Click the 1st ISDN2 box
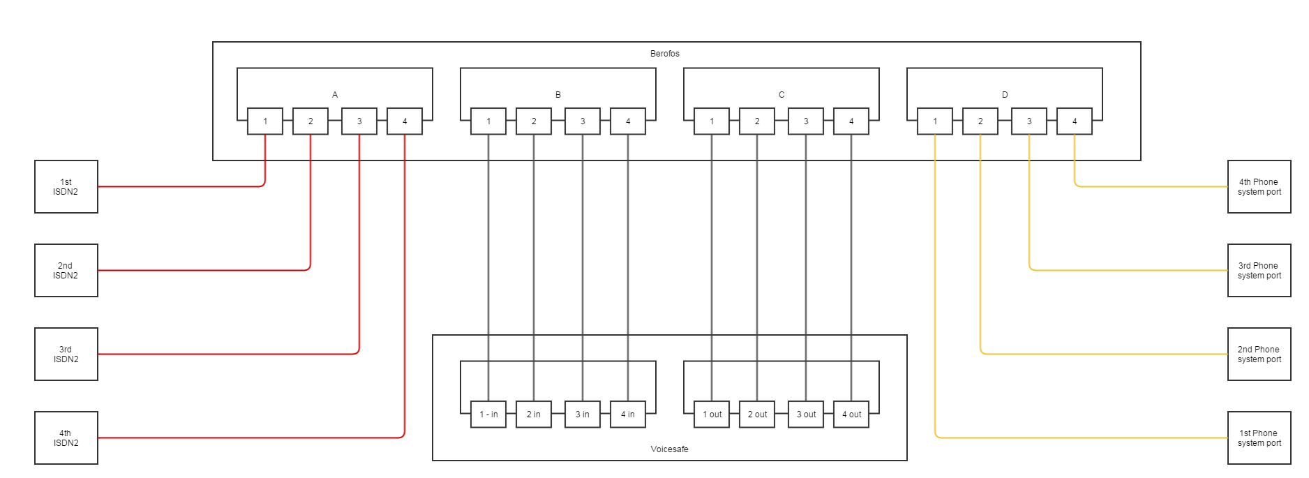pyautogui.click(x=66, y=187)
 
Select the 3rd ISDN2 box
pyautogui.click(x=66, y=354)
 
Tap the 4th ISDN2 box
pyautogui.click(x=66, y=438)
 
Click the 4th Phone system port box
pyautogui.click(x=1259, y=187)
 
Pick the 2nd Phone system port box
pyautogui.click(x=1259, y=354)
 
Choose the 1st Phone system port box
pyautogui.click(x=1259, y=438)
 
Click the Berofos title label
pyautogui.click(x=664, y=54)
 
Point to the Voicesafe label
pyautogui.click(x=669, y=449)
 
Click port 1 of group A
pyautogui.click(x=265, y=121)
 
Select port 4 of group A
pyautogui.click(x=405, y=121)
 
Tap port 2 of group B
pyautogui.click(x=534, y=121)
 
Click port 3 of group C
pyautogui.click(x=806, y=121)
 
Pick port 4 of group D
pyautogui.click(x=1075, y=121)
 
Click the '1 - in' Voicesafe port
pyautogui.click(x=488, y=414)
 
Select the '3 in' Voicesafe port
pyautogui.click(x=583, y=414)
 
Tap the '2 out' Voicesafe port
pyautogui.click(x=757, y=414)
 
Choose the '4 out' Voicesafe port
pyautogui.click(x=851, y=414)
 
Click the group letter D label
pyautogui.click(x=1005, y=95)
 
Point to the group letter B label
pyautogui.click(x=558, y=95)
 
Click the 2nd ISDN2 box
pyautogui.click(x=66, y=271)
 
